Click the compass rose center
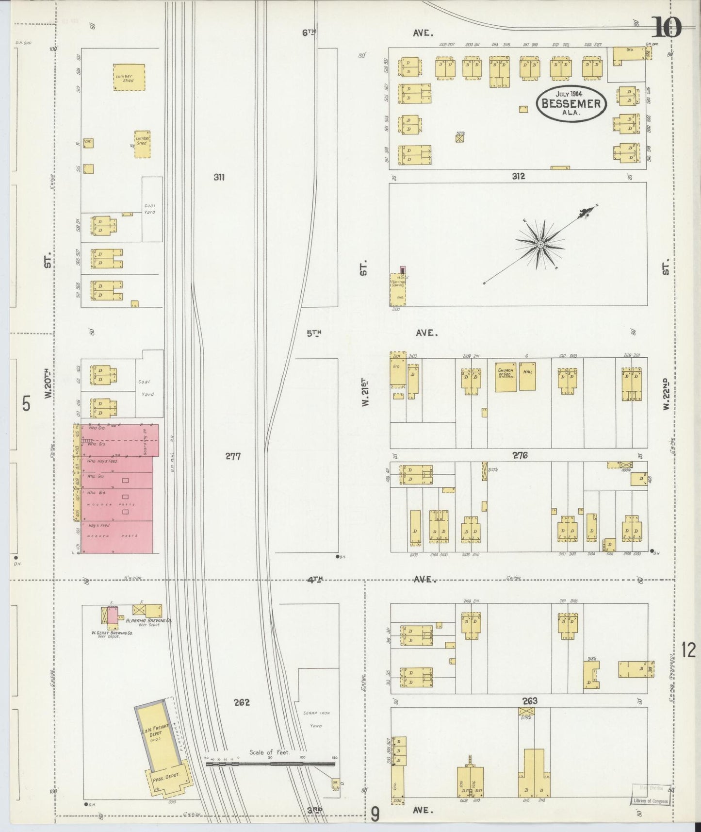(540, 244)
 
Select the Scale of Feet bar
(270, 763)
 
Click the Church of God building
(505, 376)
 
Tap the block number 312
(518, 176)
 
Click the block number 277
(233, 456)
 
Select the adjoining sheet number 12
(688, 649)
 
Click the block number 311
(219, 177)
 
